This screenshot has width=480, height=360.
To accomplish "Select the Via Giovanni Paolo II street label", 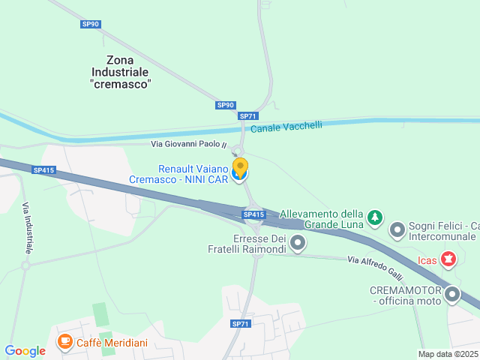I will coord(188,144).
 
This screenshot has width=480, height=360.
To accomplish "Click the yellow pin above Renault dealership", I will coord(240,167).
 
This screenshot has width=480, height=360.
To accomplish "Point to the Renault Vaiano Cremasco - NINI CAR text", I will coord(193,174).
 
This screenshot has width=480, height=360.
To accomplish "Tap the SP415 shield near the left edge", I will coord(44,170).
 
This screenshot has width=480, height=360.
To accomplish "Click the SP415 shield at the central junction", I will coord(254,214).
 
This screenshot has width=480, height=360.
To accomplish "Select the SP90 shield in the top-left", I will coord(91,24).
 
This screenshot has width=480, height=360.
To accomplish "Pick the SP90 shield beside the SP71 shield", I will coord(226,105).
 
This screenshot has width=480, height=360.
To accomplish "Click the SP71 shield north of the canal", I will coord(248,116).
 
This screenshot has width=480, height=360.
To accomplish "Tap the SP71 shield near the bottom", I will coord(240,324).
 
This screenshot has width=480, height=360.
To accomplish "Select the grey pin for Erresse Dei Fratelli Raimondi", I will coord(298,242).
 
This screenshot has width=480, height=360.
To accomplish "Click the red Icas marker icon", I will coord(448,260).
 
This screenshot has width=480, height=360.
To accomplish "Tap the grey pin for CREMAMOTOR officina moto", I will coord(451,294).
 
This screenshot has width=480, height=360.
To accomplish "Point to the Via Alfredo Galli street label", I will coord(376,265).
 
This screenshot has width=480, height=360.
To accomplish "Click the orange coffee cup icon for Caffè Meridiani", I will coord(65,343).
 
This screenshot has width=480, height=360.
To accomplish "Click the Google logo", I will coord(25,350).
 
